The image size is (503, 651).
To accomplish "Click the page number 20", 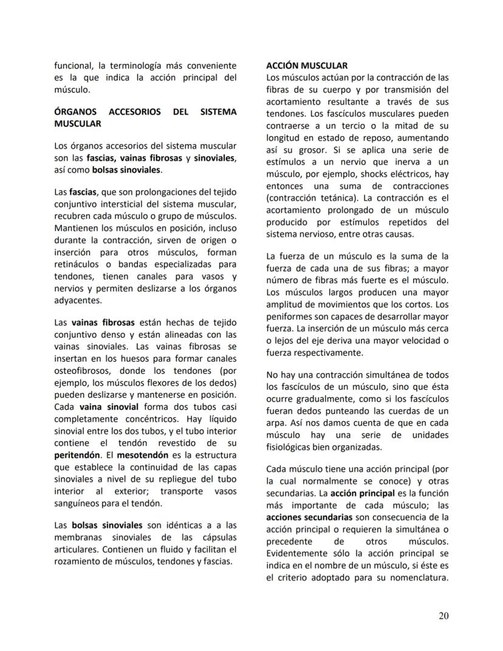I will pos(443,616).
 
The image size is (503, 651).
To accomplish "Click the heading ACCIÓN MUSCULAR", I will pos(307,65).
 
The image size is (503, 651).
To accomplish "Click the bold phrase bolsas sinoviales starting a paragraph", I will pos(107,525).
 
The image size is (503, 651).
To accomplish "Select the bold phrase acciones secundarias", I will pos(309,517).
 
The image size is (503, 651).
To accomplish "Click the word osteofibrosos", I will pos(83,371).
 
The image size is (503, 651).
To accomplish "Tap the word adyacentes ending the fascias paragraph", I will pos(78,300).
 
